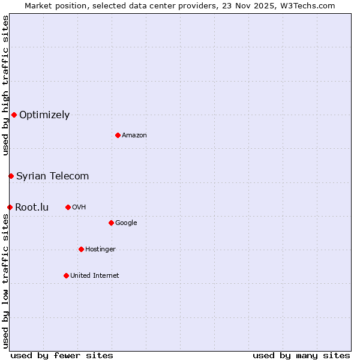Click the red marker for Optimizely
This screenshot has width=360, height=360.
pyautogui.click(x=14, y=115)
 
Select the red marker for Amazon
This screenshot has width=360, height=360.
pyautogui.click(x=118, y=135)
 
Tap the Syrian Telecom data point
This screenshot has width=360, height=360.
pyautogui.click(x=11, y=176)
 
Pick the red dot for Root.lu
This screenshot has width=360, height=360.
pyautogui.click(x=10, y=207)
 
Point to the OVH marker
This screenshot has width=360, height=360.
pyautogui.click(x=68, y=207)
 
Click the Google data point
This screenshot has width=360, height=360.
pyautogui.click(x=111, y=223)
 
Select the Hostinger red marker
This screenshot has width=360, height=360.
pyautogui.click(x=81, y=249)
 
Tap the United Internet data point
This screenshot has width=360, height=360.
pyautogui.click(x=66, y=275)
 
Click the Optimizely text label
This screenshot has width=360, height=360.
pyautogui.click(x=44, y=115)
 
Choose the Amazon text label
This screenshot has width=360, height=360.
pyautogui.click(x=134, y=135)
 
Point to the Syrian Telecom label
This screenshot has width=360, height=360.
pyautogui.click(x=53, y=176)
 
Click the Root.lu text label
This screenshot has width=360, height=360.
pyautogui.click(x=32, y=207)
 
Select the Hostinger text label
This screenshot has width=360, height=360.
pyautogui.click(x=100, y=249)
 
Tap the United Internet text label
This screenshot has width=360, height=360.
pyautogui.click(x=95, y=275)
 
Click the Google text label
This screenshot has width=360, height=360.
pyautogui.click(x=126, y=223)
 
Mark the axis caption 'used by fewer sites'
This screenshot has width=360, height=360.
pyautogui.click(x=62, y=355)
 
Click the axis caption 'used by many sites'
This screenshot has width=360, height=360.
pyautogui.click(x=301, y=355)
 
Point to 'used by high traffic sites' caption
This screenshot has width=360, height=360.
pyautogui.click(x=5, y=85)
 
